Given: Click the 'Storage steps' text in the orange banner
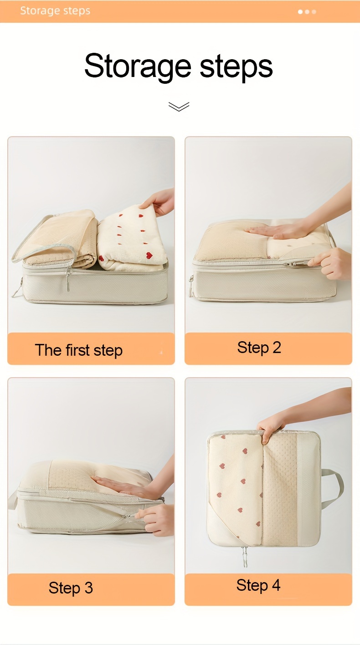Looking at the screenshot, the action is pyautogui.click(x=55, y=11).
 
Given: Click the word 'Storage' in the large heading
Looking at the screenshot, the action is pyautogui.click(x=138, y=66).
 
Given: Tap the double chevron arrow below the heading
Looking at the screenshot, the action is pyautogui.click(x=179, y=106).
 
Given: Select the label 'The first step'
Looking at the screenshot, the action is pyautogui.click(x=79, y=350).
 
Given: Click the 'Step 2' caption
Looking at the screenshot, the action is pyautogui.click(x=259, y=347).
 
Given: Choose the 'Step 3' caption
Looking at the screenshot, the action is pyautogui.click(x=71, y=588).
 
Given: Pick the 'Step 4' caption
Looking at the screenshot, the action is pyautogui.click(x=258, y=585).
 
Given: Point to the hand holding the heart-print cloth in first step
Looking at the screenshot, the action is pyautogui.click(x=159, y=201).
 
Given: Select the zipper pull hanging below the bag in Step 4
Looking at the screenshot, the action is pyautogui.click(x=245, y=556).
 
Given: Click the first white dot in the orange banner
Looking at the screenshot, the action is pyautogui.click(x=300, y=12).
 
